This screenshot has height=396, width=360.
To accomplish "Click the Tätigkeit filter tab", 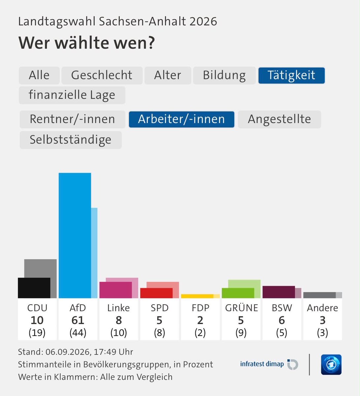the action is pyautogui.click(x=291, y=76).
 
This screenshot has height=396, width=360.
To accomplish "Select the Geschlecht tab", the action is pyautogui.click(x=102, y=76).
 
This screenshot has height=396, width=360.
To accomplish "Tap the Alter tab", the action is pyautogui.click(x=168, y=76).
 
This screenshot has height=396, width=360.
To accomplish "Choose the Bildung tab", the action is pyautogui.click(x=224, y=76).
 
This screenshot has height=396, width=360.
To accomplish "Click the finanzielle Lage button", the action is pyautogui.click(x=72, y=95).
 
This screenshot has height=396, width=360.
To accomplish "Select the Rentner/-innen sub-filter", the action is pyautogui.click(x=73, y=119).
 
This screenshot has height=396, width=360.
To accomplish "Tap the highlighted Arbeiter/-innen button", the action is pyautogui.click(x=181, y=119).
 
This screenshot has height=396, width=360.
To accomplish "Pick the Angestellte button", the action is pyautogui.click(x=279, y=119).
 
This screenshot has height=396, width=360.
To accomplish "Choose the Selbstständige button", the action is pyautogui.click(x=71, y=140).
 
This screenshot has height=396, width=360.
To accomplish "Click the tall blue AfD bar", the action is pyautogui.click(x=75, y=235).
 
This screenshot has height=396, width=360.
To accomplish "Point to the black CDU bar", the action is pyautogui.click(x=34, y=288).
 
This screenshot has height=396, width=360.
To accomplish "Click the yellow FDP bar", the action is pyautogui.click(x=197, y=296).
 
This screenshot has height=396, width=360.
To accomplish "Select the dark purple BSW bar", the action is pyautogui.click(x=278, y=292).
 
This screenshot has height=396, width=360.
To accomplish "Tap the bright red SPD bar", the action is pyautogui.click(x=156, y=293).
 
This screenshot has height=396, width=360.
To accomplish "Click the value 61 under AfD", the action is pyautogui.click(x=78, y=320).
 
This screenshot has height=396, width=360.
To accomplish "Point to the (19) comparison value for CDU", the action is pyautogui.click(x=37, y=333).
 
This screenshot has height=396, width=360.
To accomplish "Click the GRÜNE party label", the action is pyautogui.click(x=242, y=308).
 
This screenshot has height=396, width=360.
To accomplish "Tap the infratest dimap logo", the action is pyautogui.click(x=269, y=364).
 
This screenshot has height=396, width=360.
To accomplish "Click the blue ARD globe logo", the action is pyautogui.click(x=331, y=365).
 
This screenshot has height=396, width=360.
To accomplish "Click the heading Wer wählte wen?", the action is pyautogui.click(x=87, y=43).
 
